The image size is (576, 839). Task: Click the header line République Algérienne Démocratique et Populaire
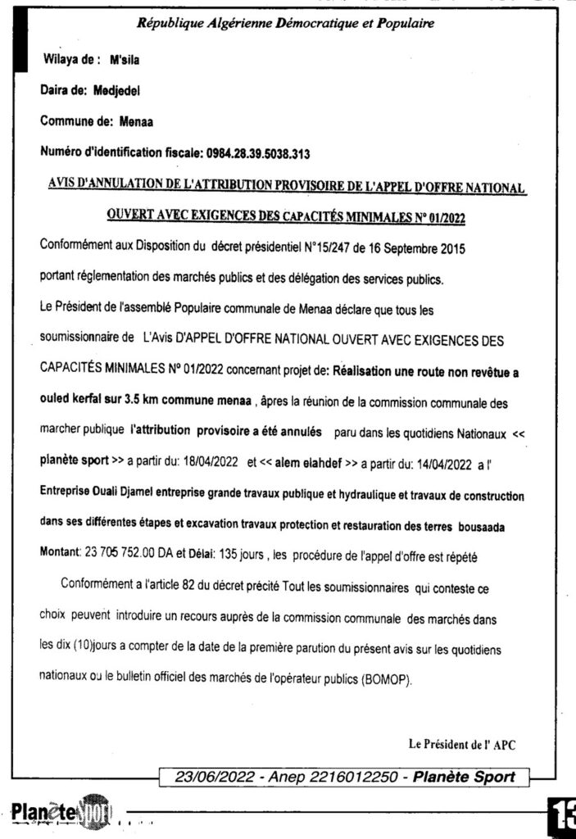point(285,24)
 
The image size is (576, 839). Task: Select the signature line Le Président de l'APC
point(461,745)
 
